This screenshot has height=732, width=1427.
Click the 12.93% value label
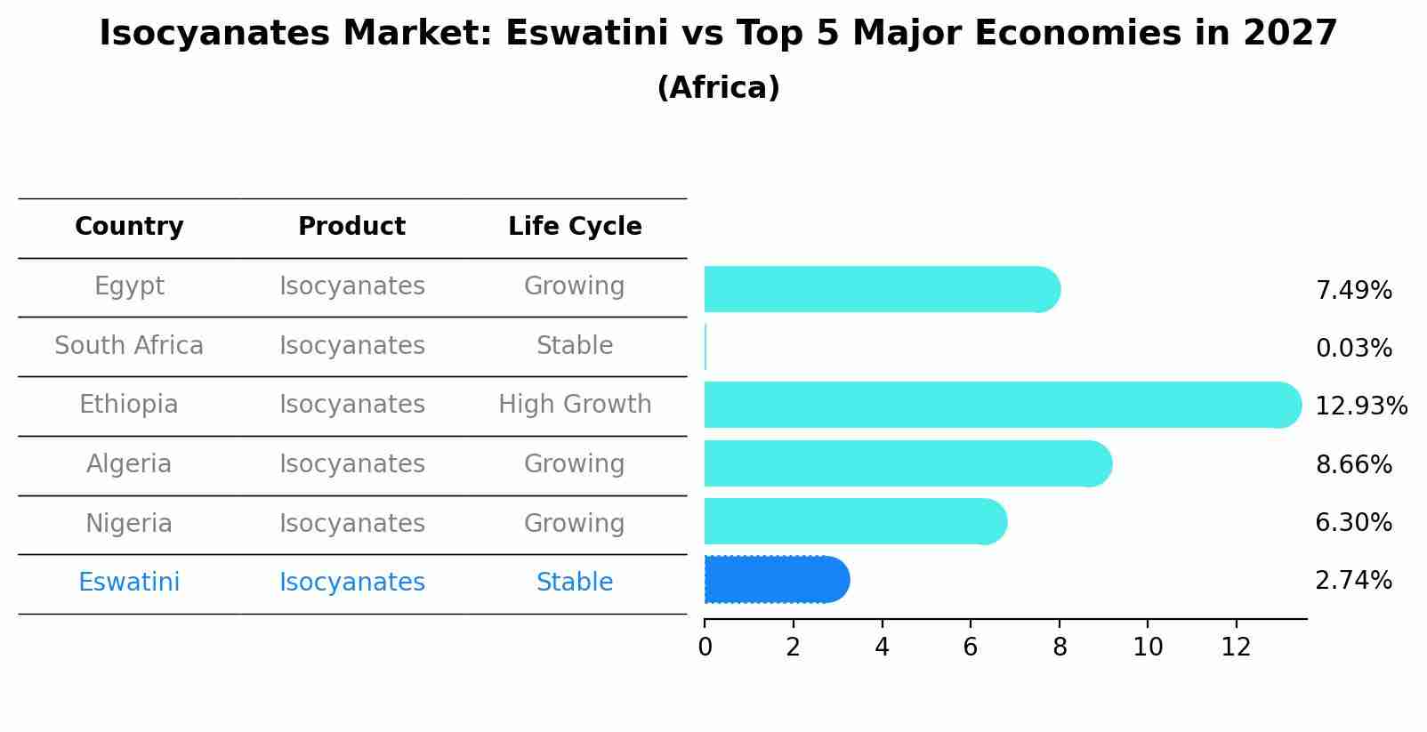(x=1360, y=406)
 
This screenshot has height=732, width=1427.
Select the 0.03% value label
(x=1353, y=349)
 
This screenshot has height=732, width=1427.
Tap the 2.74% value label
(x=1353, y=581)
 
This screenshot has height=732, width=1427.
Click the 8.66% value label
(x=1353, y=464)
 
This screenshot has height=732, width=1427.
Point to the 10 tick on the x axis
(x=1148, y=648)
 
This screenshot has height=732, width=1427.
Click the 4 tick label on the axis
(x=882, y=648)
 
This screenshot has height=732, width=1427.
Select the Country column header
(x=129, y=227)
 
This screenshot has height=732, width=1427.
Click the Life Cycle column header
(x=575, y=227)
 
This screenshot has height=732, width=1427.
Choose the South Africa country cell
(x=129, y=346)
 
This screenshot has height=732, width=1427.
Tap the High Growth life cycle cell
(x=575, y=405)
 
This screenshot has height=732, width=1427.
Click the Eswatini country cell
(x=129, y=583)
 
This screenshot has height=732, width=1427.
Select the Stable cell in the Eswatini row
(x=575, y=583)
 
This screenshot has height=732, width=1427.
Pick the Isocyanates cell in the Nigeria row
(x=352, y=524)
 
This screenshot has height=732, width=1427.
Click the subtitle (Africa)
(x=718, y=88)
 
